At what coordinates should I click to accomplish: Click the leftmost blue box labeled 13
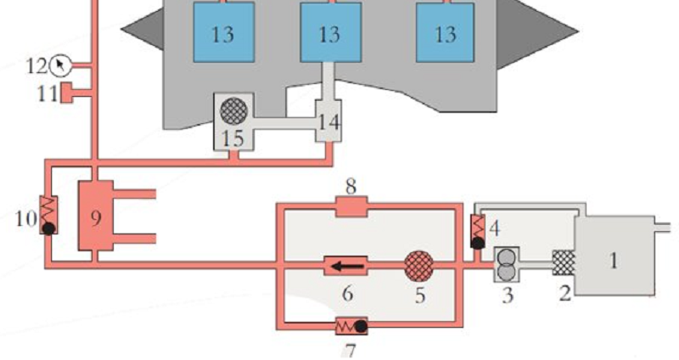pyautogui.click(x=223, y=32)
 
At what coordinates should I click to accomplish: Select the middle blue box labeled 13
pyautogui.click(x=331, y=32)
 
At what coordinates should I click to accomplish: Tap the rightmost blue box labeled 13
pyautogui.click(x=445, y=32)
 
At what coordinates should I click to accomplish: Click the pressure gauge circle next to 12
pyautogui.click(x=59, y=65)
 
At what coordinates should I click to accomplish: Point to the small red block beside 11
pyautogui.click(x=66, y=93)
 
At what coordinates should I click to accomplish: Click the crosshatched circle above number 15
pyautogui.click(x=234, y=110)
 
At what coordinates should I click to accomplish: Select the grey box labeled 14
pyautogui.click(x=328, y=121)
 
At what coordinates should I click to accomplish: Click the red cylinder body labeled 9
pyautogui.click(x=96, y=216)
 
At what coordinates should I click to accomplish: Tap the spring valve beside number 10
pyautogui.click(x=48, y=215)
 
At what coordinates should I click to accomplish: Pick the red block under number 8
pyautogui.click(x=351, y=206)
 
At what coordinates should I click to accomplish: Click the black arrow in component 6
pyautogui.click(x=347, y=266)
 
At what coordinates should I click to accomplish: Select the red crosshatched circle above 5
pyautogui.click(x=418, y=266)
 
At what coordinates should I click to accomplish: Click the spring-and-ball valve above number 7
pyautogui.click(x=351, y=326)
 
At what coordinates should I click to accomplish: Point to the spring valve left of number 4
pyautogui.click(x=478, y=232)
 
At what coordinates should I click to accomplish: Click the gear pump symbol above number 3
pyautogui.click(x=507, y=264)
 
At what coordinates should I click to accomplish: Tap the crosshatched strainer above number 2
pyautogui.click(x=564, y=262)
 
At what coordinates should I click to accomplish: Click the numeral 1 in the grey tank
pyautogui.click(x=613, y=261)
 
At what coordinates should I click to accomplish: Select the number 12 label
pyautogui.click(x=36, y=66)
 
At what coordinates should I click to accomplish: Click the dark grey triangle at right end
pyautogui.click(x=537, y=33)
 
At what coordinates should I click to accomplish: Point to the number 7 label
pyautogui.click(x=350, y=350)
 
